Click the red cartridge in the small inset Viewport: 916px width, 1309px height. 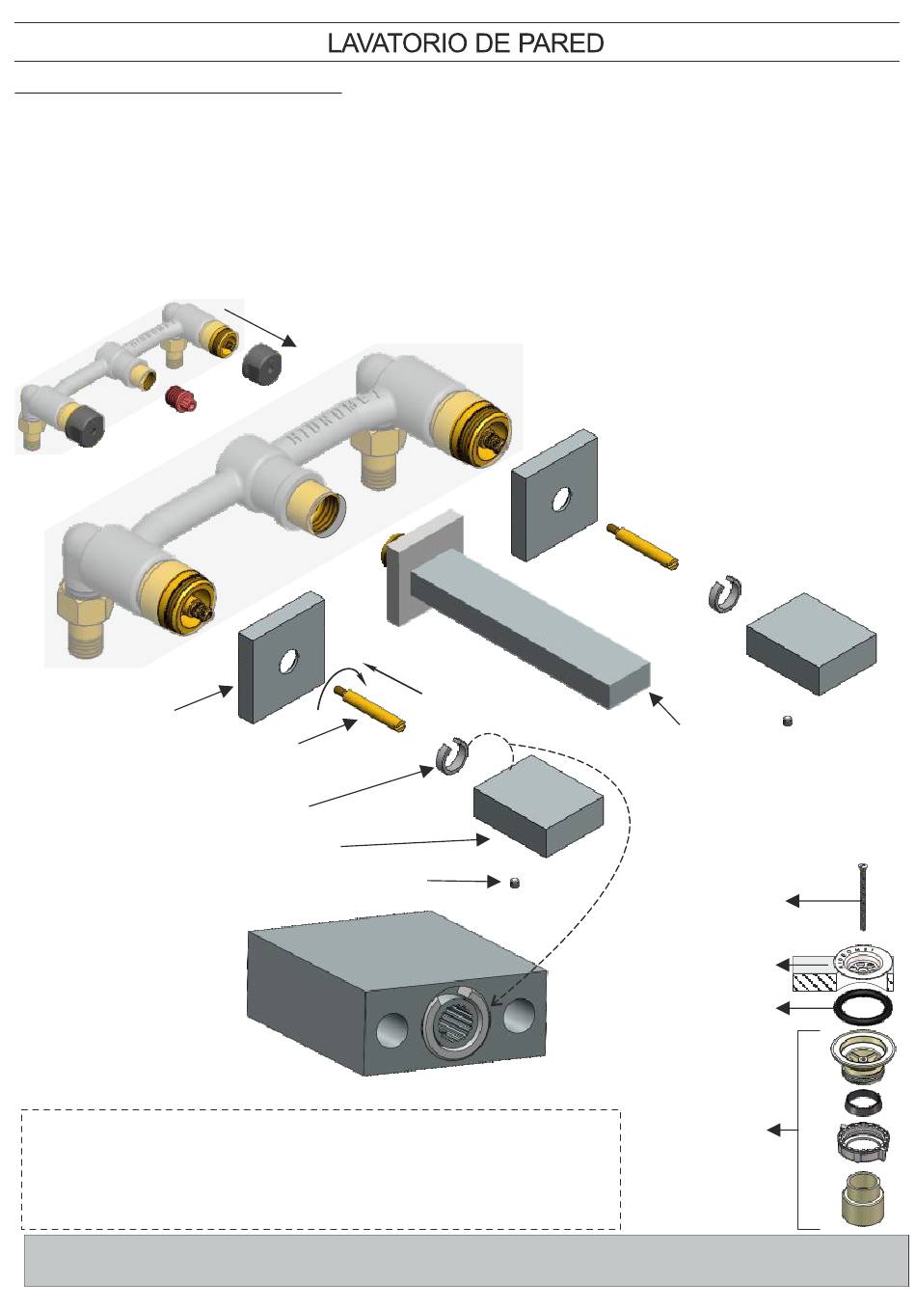(176, 396)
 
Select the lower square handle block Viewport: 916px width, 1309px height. (538, 804)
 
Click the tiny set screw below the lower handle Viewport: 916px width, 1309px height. (514, 883)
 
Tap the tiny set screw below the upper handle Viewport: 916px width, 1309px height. (788, 721)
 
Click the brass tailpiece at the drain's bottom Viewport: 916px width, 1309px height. (860, 1198)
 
